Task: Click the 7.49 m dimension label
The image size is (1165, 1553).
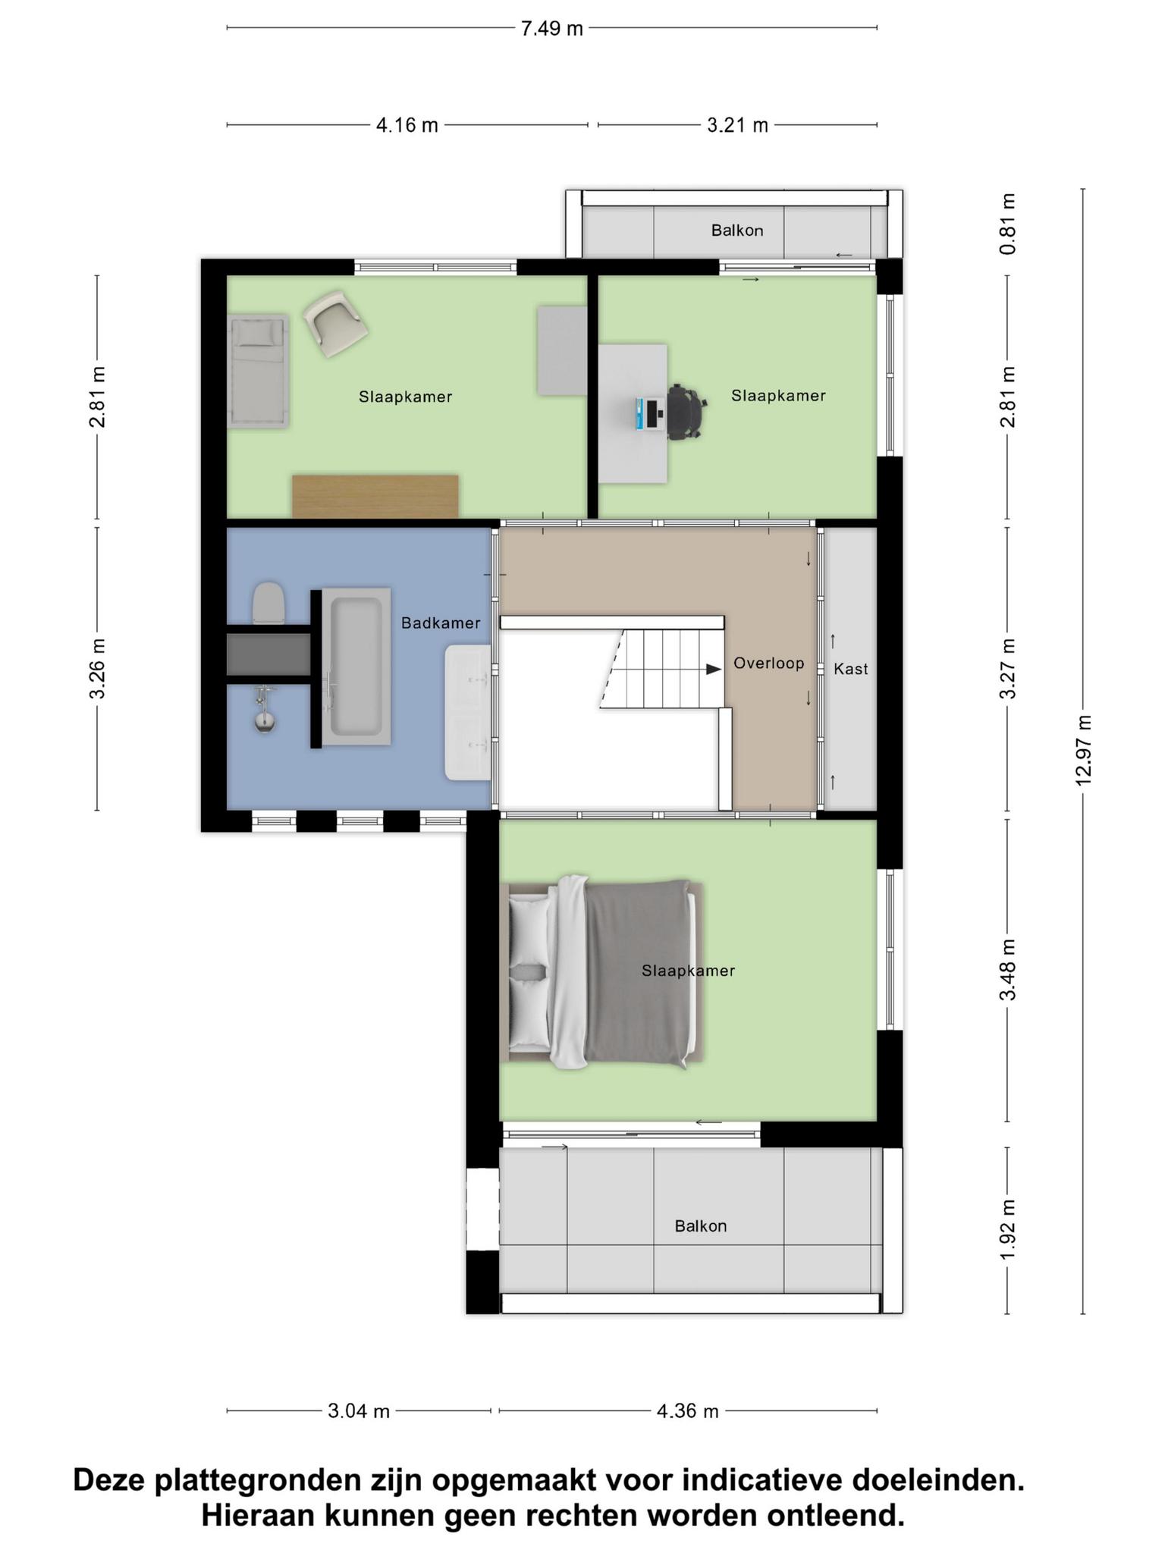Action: tap(551, 28)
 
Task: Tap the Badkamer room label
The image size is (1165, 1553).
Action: tap(441, 623)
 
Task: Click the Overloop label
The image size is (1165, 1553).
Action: tap(768, 664)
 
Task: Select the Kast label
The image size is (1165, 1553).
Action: tap(850, 669)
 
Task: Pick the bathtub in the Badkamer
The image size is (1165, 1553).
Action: tap(356, 667)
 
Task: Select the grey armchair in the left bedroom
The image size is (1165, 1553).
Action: tap(335, 324)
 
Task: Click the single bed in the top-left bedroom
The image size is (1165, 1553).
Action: tap(259, 371)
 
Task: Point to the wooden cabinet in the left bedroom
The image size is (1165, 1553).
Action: tap(375, 497)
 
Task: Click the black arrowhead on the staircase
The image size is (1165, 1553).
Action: tap(714, 670)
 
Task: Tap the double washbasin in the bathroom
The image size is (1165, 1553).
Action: tap(469, 713)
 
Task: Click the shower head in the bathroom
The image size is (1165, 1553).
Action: tap(264, 721)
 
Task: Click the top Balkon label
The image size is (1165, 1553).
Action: tap(736, 231)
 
